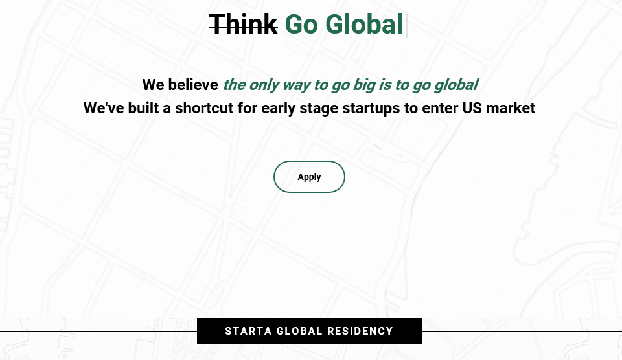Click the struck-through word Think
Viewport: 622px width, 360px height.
(243, 24)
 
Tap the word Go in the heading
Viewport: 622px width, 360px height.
(301, 25)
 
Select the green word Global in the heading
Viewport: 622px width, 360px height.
(363, 24)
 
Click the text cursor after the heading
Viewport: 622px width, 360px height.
(406, 25)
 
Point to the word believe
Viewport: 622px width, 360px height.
(193, 84)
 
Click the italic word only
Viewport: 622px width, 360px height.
(264, 85)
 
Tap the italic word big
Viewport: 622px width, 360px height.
(364, 85)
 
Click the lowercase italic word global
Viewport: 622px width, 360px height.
(456, 85)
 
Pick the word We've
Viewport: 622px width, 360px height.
(104, 108)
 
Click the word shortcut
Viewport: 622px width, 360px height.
(204, 108)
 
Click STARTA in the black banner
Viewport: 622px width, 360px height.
(248, 331)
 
